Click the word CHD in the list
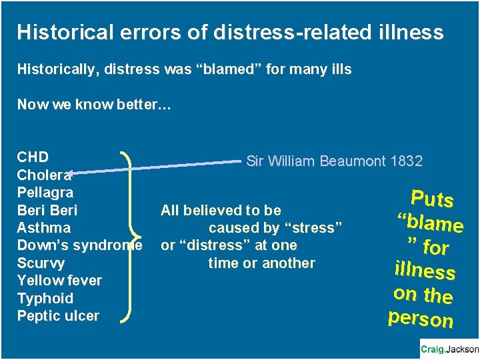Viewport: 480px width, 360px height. [x=33, y=157]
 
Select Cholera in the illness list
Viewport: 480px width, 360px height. [x=44, y=175]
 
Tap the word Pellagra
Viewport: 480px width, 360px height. [x=45, y=193]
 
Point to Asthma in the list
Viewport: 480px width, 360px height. [x=44, y=228]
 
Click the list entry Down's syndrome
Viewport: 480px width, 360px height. [x=79, y=245]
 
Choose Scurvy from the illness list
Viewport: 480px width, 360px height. [x=41, y=263]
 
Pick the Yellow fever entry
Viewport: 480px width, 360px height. [x=59, y=281]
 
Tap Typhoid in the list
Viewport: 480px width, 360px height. [x=45, y=298]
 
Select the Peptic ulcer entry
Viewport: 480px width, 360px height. [x=58, y=316]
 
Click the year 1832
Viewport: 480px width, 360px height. [x=406, y=161]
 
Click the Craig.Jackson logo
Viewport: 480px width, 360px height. [x=449, y=349]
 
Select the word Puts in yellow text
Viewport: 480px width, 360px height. [x=432, y=199]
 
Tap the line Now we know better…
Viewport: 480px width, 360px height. [x=93, y=105]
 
